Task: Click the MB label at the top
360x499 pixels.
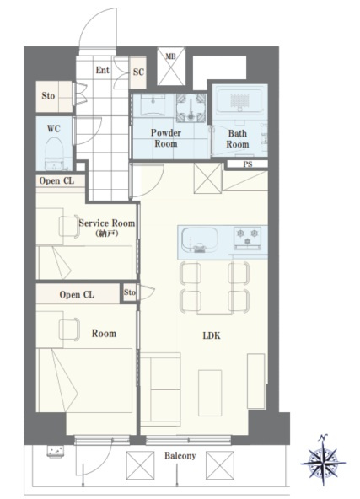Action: coord(170,56)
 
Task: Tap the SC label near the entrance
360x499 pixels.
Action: coord(138,72)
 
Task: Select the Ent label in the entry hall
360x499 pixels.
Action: coord(103,70)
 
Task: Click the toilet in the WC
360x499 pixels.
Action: coord(54,154)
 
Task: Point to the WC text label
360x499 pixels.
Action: coord(53,129)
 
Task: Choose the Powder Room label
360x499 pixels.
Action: coord(166,138)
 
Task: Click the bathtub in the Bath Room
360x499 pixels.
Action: coord(240,99)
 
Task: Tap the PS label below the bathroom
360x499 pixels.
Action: coord(248,164)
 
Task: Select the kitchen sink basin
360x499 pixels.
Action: coord(200,240)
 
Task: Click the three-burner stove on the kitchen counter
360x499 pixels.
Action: coord(247,238)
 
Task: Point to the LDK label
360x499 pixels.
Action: coord(212,335)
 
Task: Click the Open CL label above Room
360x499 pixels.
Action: coord(77,295)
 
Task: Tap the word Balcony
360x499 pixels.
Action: coord(180,456)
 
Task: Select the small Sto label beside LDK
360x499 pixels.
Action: coord(130,292)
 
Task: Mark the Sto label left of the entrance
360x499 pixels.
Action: coord(48,95)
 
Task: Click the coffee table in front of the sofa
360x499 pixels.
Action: coord(210,393)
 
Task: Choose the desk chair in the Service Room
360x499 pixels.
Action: coord(69,227)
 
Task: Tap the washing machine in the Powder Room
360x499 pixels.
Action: coord(191,108)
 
